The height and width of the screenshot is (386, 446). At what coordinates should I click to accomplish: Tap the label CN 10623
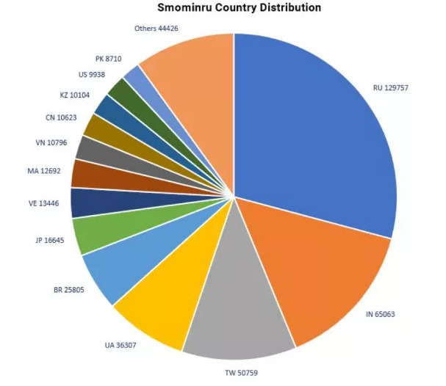pos(54,117)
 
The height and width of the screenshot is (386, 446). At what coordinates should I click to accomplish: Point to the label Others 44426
pos(157,29)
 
